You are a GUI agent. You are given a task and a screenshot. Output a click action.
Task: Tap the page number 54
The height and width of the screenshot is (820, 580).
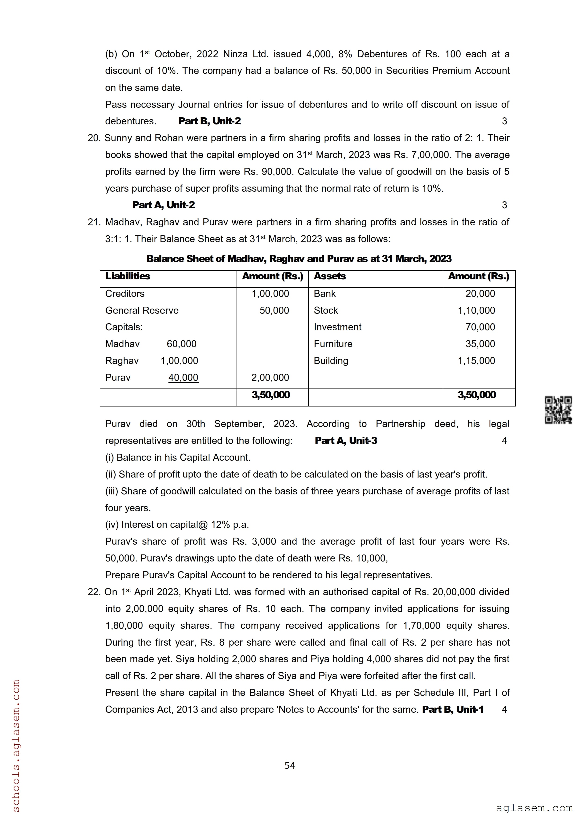(x=290, y=765)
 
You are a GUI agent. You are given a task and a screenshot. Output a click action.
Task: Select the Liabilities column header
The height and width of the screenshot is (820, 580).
(x=128, y=276)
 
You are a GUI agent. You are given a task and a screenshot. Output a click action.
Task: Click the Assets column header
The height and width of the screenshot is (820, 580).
(x=329, y=276)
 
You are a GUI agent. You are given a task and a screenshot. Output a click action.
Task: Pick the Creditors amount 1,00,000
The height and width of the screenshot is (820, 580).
(x=270, y=294)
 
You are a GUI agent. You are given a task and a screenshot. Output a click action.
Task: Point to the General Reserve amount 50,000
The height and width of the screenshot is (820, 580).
(x=274, y=310)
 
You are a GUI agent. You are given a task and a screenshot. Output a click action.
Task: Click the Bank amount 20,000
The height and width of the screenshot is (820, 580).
(x=480, y=294)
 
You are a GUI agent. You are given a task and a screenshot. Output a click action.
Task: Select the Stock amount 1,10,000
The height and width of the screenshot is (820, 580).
(x=476, y=310)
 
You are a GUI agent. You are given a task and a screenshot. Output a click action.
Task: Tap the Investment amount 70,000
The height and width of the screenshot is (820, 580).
(x=480, y=327)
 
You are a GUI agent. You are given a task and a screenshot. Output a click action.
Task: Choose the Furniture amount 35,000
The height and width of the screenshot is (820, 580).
(x=480, y=344)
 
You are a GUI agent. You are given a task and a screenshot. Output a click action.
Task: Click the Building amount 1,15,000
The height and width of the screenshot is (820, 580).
(x=476, y=361)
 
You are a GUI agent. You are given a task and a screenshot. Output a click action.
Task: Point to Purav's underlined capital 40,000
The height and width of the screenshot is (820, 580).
(x=183, y=378)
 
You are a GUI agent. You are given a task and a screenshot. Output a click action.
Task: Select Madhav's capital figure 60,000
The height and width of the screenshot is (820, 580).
(x=182, y=344)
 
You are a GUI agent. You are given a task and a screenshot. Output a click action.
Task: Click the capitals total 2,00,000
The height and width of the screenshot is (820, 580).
(x=270, y=378)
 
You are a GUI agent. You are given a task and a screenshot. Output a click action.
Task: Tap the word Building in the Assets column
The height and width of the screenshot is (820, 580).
(x=331, y=361)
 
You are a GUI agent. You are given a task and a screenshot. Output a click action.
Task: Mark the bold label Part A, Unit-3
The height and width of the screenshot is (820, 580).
(x=346, y=441)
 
